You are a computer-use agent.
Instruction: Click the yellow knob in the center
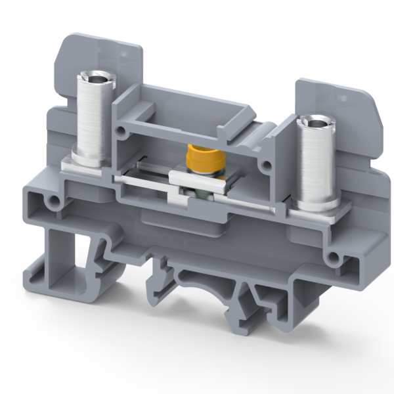pyautogui.click(x=196, y=157)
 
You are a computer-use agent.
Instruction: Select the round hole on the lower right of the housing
pyautogui.click(x=336, y=257)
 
